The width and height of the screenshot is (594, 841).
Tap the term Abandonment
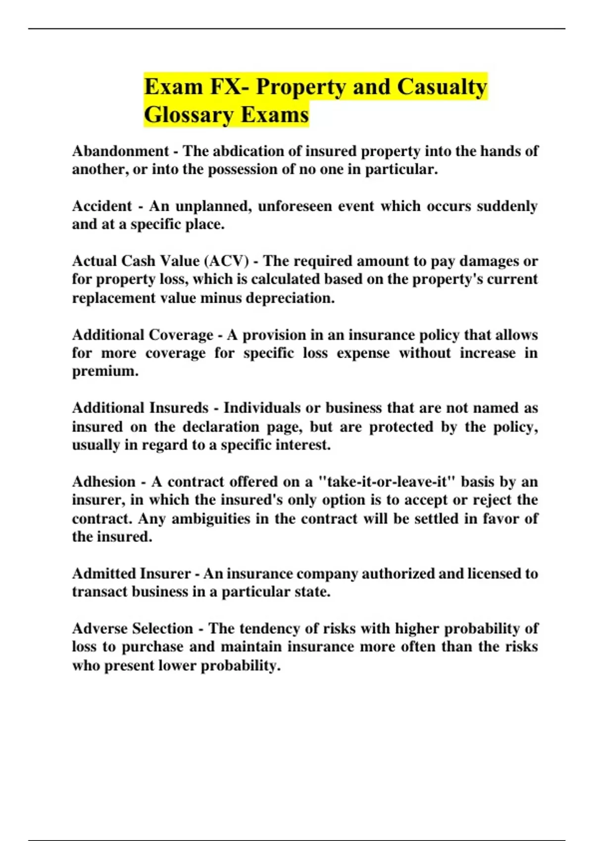coord(121,151)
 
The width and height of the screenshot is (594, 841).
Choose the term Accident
coord(102,206)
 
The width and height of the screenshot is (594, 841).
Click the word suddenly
coord(506,206)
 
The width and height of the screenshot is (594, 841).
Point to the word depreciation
coord(290,298)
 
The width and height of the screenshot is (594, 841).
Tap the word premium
coord(105,371)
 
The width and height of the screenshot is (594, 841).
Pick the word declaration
coord(221,426)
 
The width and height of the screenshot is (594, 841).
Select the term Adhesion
coord(103,481)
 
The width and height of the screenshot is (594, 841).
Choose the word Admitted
coord(103,573)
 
